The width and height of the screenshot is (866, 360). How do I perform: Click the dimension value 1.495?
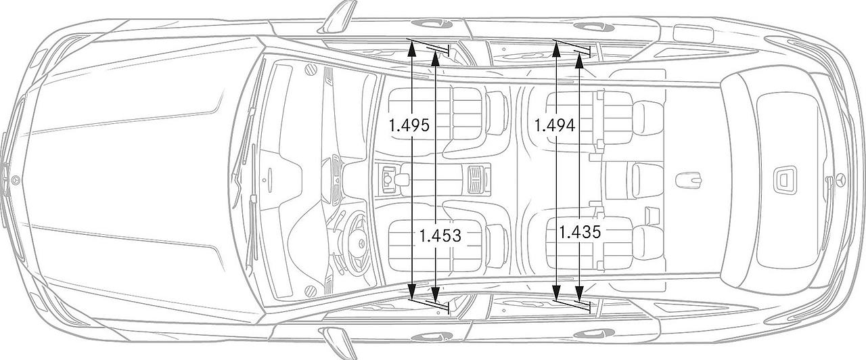click(x=409, y=126)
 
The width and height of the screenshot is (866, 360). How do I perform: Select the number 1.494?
click(x=555, y=126)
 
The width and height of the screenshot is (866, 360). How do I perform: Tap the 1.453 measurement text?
click(x=440, y=235)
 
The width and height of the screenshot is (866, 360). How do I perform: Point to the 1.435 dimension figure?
click(x=580, y=232)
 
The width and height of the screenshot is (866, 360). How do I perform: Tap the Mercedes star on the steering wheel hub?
click(x=361, y=244)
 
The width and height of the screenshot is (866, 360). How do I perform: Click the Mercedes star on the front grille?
click(x=16, y=180)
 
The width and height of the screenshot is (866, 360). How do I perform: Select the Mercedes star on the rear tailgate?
click(x=842, y=180)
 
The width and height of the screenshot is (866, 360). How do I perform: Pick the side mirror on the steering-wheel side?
click(x=339, y=342)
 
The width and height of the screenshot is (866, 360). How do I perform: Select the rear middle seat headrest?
click(x=647, y=180)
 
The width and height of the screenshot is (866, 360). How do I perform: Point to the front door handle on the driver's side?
click(x=432, y=337)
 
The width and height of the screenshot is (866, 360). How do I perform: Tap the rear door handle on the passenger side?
click(x=594, y=26)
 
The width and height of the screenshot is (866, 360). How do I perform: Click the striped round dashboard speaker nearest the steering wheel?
click(x=311, y=290)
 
